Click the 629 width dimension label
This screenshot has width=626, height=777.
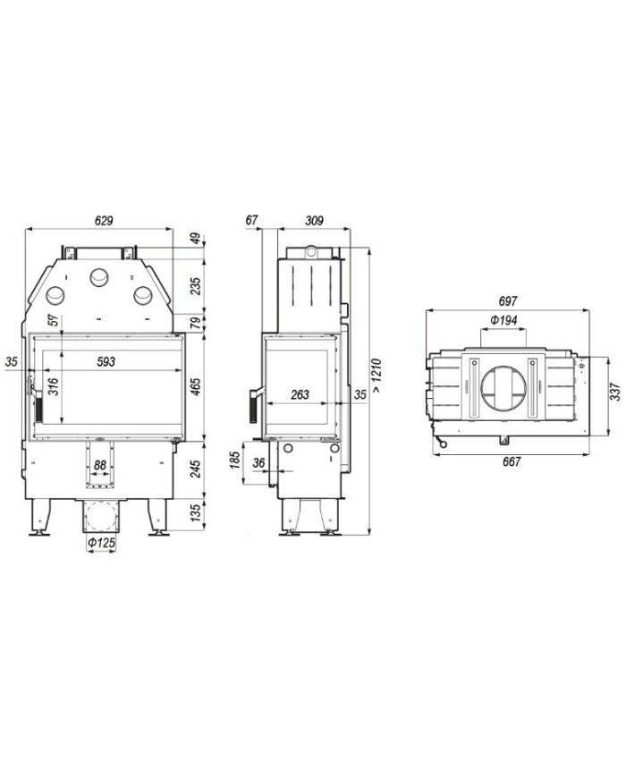pos(104,220)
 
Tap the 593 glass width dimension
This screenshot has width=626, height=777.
pos(106,361)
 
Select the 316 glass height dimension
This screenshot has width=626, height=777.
pos(53,386)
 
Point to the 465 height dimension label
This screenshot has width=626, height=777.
pos(196,386)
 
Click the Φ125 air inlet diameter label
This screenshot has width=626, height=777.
pos(101,543)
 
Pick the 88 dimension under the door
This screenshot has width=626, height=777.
pos(100,465)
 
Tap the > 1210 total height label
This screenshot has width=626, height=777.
pos(377,376)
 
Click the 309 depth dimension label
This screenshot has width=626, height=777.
pos(314,220)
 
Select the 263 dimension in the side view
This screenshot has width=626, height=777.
pos(300,394)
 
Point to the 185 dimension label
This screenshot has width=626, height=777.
pos(236,459)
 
